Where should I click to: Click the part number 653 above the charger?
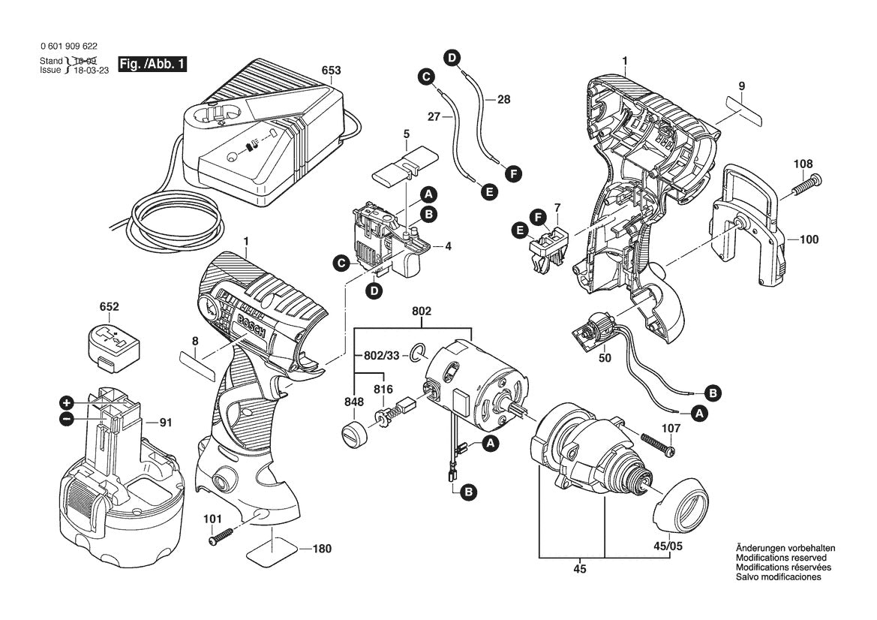point(331,71)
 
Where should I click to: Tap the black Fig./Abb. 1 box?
point(153,65)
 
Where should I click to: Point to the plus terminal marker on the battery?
point(67,402)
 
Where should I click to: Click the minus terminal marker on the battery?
point(67,419)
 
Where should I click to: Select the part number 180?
point(321,549)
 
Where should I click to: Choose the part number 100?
point(809,240)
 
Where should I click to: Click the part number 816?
point(383,389)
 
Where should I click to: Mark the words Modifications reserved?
point(780,558)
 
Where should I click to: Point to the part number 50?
point(605,358)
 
